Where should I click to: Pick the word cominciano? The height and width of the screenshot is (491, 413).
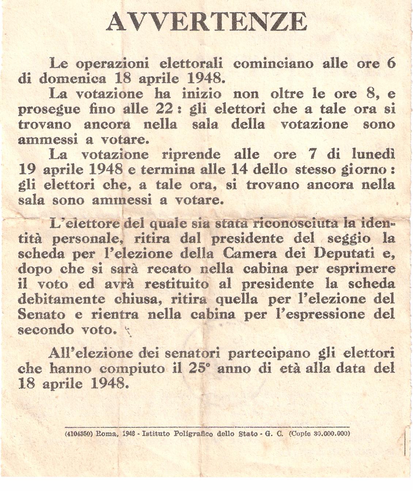click(x=273, y=64)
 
